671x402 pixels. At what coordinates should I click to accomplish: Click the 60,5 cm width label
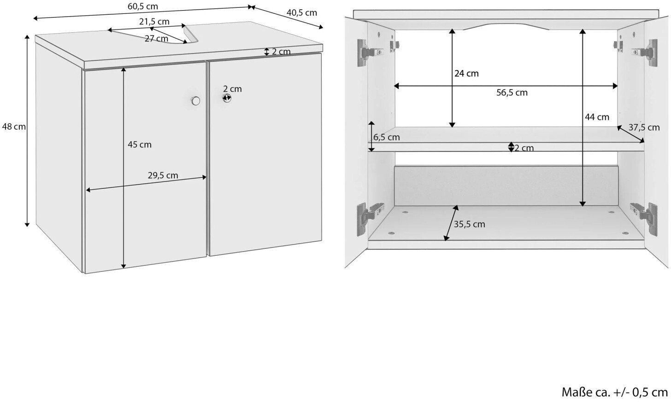point(143,6)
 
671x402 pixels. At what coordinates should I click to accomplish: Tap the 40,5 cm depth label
point(302,12)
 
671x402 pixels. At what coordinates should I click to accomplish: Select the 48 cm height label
point(14,126)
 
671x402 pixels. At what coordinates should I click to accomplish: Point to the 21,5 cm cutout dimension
point(154,22)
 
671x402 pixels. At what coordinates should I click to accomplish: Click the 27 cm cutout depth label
point(156,38)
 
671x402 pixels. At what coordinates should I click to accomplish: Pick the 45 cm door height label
point(140,144)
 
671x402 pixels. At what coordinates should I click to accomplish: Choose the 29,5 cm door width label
point(163,175)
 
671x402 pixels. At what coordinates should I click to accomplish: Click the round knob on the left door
point(195,101)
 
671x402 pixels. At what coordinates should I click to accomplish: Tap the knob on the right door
point(227,98)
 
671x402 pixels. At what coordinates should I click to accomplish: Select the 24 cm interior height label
point(466,73)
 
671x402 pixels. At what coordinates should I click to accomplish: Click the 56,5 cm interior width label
point(512,93)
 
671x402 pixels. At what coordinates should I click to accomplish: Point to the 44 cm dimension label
point(597,117)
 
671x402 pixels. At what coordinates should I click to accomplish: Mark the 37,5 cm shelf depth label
point(644,127)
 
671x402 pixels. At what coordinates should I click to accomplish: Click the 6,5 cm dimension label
point(386,138)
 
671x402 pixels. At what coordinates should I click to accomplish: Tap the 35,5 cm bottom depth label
point(470,224)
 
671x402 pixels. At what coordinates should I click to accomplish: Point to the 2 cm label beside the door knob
point(232,89)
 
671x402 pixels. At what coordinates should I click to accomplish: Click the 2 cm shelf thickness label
point(524,148)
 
